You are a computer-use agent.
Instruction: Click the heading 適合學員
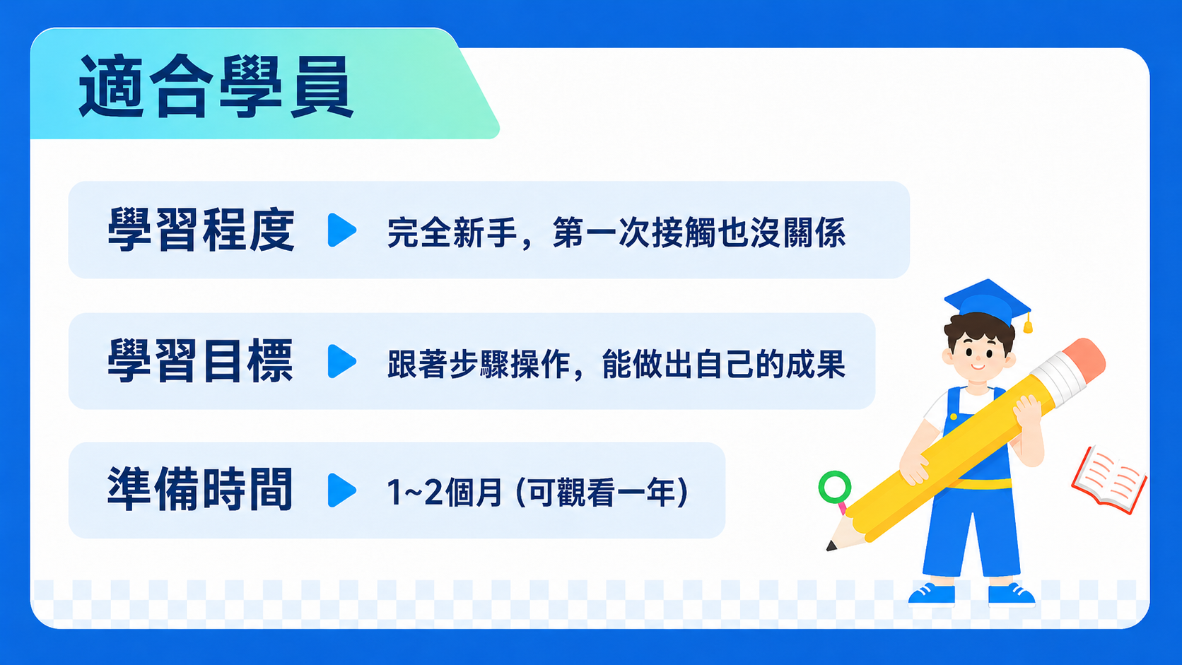(216, 86)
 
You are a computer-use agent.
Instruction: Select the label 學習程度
(201, 230)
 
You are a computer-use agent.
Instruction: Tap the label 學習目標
(201, 361)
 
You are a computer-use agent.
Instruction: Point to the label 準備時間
(200, 490)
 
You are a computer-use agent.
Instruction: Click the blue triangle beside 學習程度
(341, 230)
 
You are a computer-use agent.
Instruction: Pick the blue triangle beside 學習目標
(341, 361)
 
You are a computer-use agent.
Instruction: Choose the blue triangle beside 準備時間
(341, 490)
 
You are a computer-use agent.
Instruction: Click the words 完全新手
(452, 232)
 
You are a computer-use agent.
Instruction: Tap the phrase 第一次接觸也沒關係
(699, 232)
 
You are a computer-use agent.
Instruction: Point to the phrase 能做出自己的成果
(723, 364)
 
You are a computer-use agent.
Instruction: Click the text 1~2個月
(444, 492)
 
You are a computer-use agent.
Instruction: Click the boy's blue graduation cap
(988, 302)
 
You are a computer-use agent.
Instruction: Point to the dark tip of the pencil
(831, 546)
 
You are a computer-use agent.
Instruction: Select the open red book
(1109, 480)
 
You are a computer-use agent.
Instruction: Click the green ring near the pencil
(835, 487)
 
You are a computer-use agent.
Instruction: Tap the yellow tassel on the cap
(1028, 322)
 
